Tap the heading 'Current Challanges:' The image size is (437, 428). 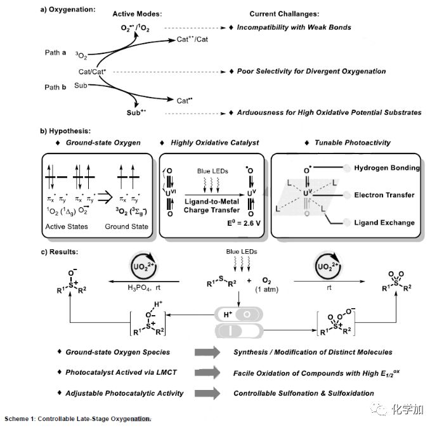coord(285,13)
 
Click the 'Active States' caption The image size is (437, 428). coord(68,226)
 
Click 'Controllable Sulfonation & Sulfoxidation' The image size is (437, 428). coord(304,393)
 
